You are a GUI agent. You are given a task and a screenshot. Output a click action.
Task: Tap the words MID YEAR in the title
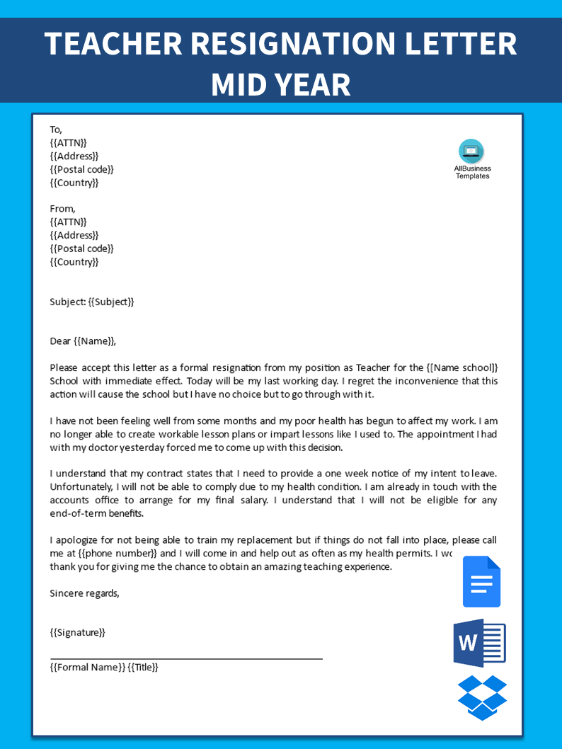(x=281, y=84)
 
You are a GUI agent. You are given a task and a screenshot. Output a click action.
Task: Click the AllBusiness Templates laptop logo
(x=471, y=151)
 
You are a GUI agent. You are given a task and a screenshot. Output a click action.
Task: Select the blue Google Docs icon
(x=481, y=582)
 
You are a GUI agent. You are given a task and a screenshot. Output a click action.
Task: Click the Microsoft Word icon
(x=479, y=643)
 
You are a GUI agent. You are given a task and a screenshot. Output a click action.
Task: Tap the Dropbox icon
(x=482, y=697)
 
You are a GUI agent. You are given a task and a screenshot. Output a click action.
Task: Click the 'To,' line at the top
(x=56, y=130)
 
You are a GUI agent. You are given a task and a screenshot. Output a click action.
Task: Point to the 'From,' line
(x=62, y=209)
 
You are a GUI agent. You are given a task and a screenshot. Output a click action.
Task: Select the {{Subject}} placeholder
(x=111, y=302)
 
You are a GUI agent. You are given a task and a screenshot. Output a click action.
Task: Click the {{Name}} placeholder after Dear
(x=93, y=341)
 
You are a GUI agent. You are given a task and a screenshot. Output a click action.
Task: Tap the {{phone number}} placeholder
(x=110, y=553)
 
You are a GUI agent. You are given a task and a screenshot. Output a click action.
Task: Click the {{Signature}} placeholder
(x=78, y=632)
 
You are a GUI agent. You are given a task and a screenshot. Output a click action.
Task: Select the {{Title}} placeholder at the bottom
(x=143, y=667)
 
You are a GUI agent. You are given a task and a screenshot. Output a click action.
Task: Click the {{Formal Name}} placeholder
(x=88, y=667)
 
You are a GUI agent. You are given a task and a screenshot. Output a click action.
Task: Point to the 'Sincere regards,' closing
(x=85, y=593)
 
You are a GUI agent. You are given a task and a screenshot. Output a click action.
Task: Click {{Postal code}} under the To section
(x=81, y=169)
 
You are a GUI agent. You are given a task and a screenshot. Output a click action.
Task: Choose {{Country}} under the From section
(x=74, y=262)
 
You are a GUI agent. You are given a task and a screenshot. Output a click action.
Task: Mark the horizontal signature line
(x=186, y=658)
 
